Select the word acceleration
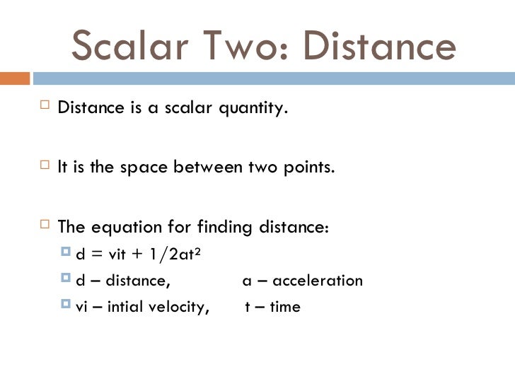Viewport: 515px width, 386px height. click(318, 281)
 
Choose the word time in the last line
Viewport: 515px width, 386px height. click(284, 307)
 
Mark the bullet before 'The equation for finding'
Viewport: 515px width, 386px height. click(45, 227)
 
